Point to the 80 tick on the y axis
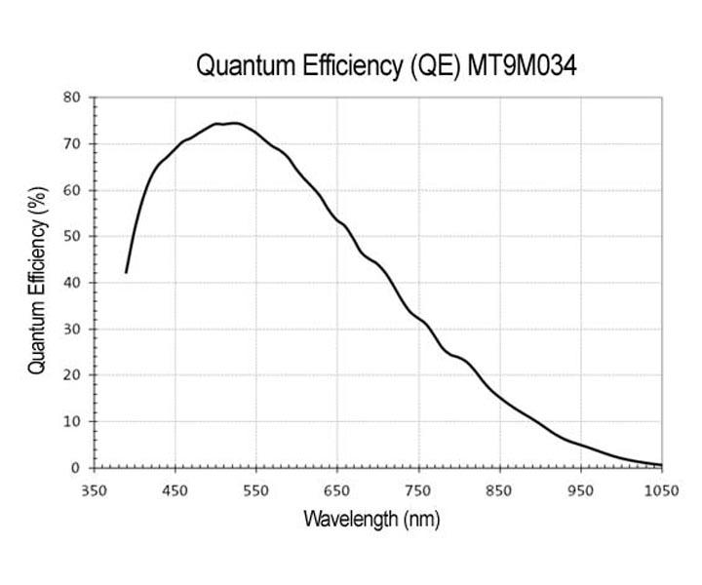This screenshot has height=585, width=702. [72, 97]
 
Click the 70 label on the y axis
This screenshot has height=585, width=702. [72, 144]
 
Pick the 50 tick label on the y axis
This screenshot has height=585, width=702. [72, 237]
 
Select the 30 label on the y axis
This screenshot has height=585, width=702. [72, 330]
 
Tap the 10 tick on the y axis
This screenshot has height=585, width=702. [72, 422]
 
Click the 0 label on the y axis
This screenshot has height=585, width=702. [76, 468]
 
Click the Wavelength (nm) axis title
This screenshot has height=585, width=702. [371, 519]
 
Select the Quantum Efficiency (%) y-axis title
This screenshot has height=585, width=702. [37, 283]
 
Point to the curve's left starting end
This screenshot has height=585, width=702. [126, 272]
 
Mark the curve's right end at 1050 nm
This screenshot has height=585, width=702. [661, 465]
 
